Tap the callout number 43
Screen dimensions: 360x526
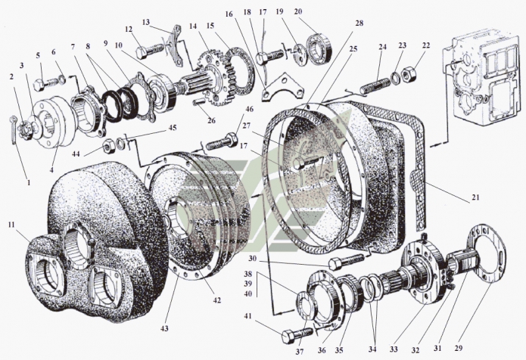tap(164, 327)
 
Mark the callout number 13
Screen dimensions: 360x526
tap(146, 22)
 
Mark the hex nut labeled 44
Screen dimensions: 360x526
tap(107, 144)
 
